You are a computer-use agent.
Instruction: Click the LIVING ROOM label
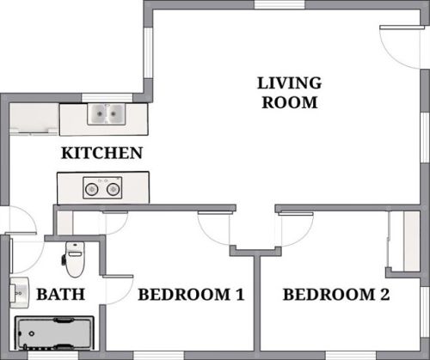[x=289, y=93]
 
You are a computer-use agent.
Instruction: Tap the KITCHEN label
[x=101, y=154]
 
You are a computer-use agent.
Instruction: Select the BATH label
[x=60, y=295]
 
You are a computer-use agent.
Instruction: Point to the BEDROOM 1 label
[x=192, y=295]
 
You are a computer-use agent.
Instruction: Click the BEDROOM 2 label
[x=336, y=295]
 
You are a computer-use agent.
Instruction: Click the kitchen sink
[x=107, y=113]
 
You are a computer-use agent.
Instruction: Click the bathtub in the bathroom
[x=56, y=331]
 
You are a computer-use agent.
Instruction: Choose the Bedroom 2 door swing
[x=294, y=229]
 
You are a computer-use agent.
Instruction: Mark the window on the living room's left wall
[x=147, y=50]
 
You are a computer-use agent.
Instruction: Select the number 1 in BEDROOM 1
[x=239, y=295]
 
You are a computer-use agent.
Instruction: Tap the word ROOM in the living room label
[x=290, y=102]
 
